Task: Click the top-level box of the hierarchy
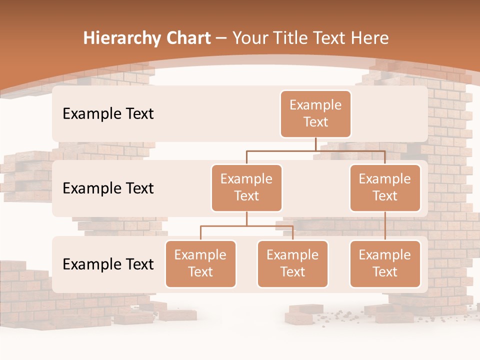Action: pyautogui.click(x=315, y=113)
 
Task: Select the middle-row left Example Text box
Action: pyautogui.click(x=246, y=187)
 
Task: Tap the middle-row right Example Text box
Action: pyautogui.click(x=385, y=187)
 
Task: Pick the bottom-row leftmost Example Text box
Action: pyautogui.click(x=200, y=263)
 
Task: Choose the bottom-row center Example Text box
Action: pyautogui.click(x=292, y=263)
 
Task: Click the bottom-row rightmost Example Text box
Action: pyautogui.click(x=385, y=263)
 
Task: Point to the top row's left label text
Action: pyautogui.click(x=108, y=114)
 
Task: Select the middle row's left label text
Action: pyautogui.click(x=108, y=188)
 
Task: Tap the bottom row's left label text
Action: pyautogui.click(x=108, y=264)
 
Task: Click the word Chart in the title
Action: pyautogui.click(x=186, y=38)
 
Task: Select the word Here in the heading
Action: pyautogui.click(x=368, y=38)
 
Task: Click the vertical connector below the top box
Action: pyautogui.click(x=315, y=144)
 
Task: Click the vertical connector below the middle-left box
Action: pyautogui.click(x=246, y=218)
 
